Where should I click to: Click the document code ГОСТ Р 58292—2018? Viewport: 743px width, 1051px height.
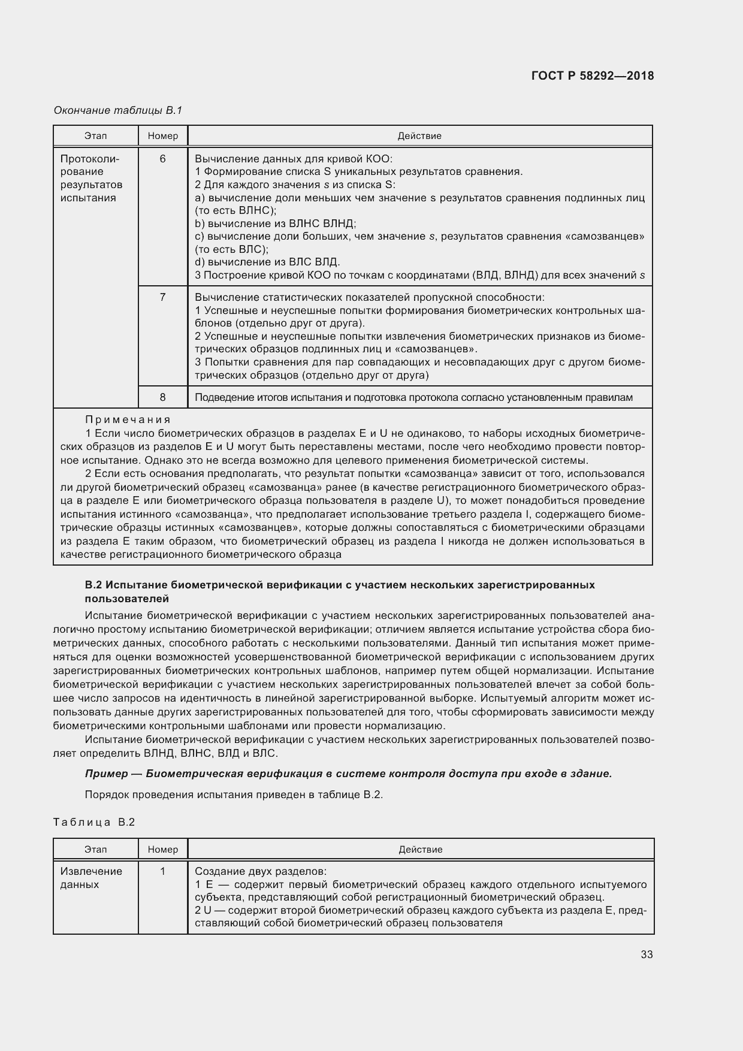593,76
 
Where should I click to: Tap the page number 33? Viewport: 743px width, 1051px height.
647,955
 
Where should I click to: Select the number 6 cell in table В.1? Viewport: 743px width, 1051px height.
163,159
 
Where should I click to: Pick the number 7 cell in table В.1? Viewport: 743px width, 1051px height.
163,297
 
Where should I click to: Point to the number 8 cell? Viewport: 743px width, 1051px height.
163,397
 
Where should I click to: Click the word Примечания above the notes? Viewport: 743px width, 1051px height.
128,419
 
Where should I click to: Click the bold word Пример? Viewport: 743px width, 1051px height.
105,774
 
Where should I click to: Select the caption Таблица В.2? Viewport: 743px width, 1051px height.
94,822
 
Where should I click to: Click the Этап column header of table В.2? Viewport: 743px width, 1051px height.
96,850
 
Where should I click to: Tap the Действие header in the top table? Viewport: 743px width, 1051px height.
419,136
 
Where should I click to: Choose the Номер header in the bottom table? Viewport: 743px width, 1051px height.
163,850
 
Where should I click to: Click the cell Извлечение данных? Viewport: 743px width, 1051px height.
91,878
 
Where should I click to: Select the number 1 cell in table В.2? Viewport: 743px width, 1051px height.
163,871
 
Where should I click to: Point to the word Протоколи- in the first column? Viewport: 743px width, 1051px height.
90,159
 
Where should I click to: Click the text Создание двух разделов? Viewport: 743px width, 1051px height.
261,871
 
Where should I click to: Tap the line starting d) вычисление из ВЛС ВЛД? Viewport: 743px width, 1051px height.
268,262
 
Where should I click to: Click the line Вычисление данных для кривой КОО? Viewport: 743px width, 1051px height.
294,159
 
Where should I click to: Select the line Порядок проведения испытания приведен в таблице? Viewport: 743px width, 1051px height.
234,795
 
